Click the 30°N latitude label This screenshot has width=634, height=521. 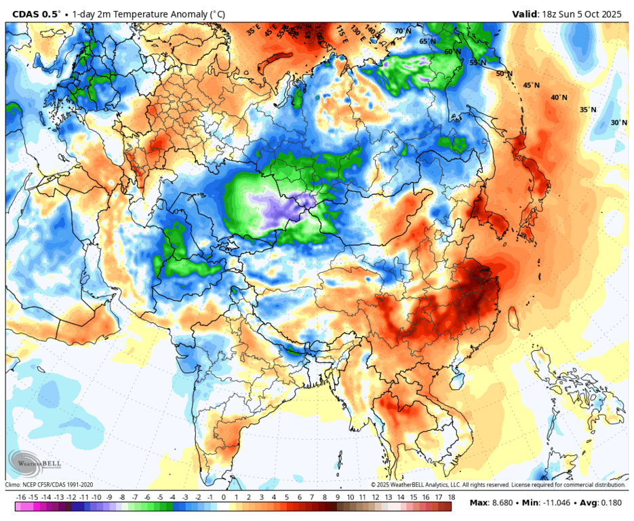coord(618,123)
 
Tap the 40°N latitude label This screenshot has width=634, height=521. coord(559,98)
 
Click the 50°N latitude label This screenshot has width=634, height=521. coord(504,74)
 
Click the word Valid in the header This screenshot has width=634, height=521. coord(525,14)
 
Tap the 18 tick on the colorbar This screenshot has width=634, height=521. coord(450,497)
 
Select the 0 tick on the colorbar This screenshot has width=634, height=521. coord(223,497)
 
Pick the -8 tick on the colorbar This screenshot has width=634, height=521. coord(123,497)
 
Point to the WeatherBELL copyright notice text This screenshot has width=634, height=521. coord(498,484)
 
